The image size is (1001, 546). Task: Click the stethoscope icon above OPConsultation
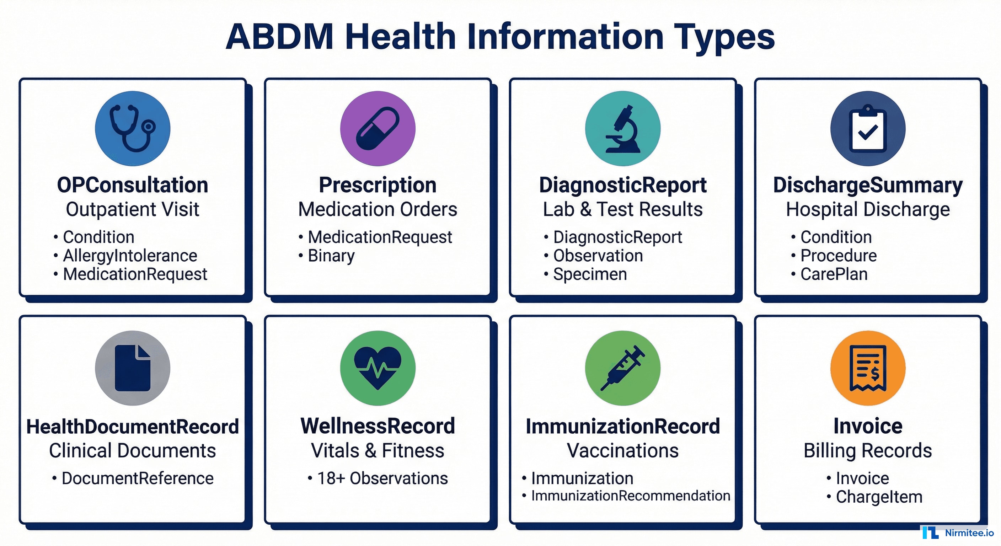click(x=133, y=128)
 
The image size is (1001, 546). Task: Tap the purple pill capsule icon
click(x=377, y=128)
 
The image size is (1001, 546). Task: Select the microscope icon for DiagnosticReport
click(x=622, y=128)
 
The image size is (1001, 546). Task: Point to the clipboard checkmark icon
click(x=868, y=128)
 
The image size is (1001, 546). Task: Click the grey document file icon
click(x=133, y=368)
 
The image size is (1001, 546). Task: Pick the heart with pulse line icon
click(x=377, y=368)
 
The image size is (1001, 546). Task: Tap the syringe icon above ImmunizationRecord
click(x=622, y=368)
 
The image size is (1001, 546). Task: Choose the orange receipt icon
click(x=868, y=368)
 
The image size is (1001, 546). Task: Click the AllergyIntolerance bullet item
click(x=130, y=256)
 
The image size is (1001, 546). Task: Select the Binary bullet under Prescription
click(x=331, y=256)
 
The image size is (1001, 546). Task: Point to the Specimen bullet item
click(x=590, y=274)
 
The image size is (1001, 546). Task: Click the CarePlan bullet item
click(x=834, y=274)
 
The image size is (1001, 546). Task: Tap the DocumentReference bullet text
click(x=138, y=478)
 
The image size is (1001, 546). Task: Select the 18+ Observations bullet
click(x=382, y=478)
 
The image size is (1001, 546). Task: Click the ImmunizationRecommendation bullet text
click(x=630, y=496)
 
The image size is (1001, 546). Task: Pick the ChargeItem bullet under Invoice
click(x=879, y=497)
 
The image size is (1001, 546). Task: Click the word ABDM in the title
click(x=279, y=37)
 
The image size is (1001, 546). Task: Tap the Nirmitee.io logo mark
click(x=930, y=532)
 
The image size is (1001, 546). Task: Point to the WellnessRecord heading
click(x=377, y=426)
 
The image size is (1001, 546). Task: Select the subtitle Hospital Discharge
click(x=868, y=209)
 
